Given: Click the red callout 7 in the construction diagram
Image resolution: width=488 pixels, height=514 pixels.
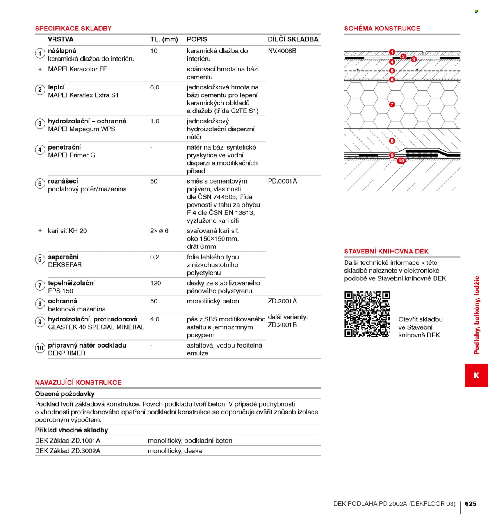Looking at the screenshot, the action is click(392, 104).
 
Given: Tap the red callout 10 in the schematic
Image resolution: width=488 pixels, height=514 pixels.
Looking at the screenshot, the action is click(401, 161).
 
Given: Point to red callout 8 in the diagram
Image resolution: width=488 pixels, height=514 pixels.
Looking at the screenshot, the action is click(392, 141).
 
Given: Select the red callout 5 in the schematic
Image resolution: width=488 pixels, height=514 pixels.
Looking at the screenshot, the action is click(392, 71).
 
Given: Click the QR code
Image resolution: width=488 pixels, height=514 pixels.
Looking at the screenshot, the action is click(367, 314).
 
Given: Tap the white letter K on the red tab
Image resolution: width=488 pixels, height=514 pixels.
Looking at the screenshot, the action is click(476, 375).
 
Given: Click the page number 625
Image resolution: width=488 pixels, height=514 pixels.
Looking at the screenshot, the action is click(470, 503).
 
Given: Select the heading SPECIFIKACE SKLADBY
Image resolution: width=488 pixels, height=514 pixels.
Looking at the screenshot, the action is click(73, 28).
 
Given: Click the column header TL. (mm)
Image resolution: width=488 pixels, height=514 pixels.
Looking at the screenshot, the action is click(164, 39).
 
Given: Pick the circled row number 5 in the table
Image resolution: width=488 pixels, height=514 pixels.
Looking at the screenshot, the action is click(40, 184).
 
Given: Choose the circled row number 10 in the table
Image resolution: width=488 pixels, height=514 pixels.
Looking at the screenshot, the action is click(40, 348).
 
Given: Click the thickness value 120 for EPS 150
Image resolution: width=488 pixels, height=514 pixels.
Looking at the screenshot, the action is click(155, 283).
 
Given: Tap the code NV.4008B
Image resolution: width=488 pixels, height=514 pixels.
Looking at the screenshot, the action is click(282, 51).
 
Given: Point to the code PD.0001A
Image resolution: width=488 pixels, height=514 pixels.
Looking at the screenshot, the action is click(282, 181).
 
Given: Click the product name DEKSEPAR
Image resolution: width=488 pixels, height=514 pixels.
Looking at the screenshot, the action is click(65, 265).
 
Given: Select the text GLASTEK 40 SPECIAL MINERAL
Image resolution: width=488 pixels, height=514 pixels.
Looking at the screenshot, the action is click(96, 327).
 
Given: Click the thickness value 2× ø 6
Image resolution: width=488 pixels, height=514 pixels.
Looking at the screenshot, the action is click(159, 231).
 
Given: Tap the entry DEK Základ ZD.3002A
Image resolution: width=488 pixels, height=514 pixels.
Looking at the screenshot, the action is click(68, 451).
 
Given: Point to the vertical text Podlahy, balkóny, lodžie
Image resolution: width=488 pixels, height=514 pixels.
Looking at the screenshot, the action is click(477, 315).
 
